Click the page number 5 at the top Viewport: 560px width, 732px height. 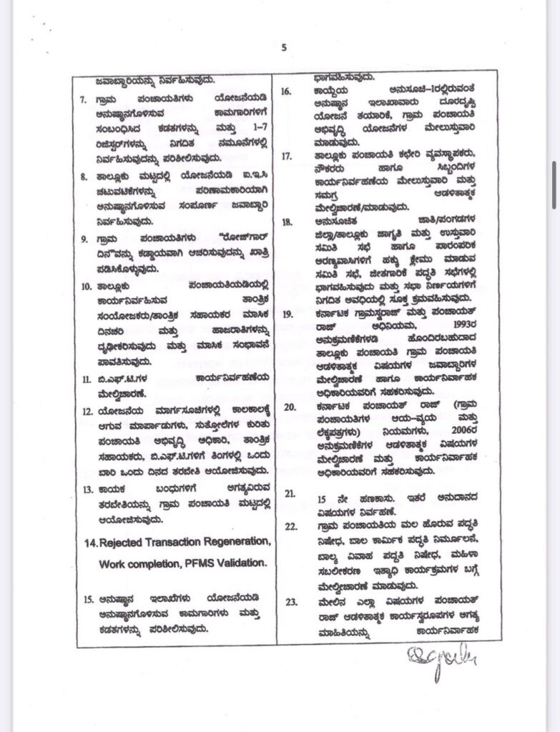pos(283,48)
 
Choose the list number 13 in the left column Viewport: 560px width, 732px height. pos(87,490)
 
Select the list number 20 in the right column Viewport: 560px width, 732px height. pos(290,407)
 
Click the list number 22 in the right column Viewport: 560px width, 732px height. pos(290,526)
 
